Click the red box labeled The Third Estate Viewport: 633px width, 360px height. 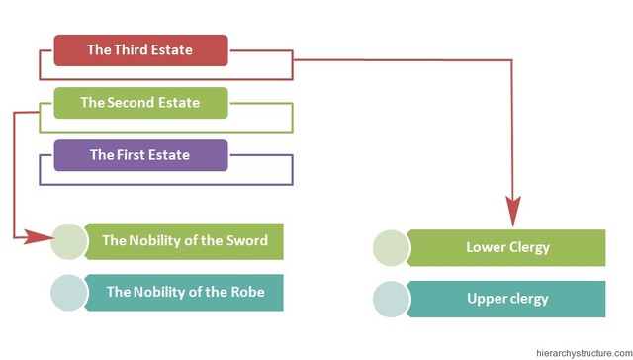click(x=140, y=50)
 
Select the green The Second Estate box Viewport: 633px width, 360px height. click(x=140, y=103)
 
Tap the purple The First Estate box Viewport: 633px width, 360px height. click(x=140, y=155)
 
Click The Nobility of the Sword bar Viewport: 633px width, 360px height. click(x=184, y=240)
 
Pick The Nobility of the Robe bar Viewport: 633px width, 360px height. click(x=184, y=293)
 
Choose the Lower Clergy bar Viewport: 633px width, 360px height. click(x=506, y=247)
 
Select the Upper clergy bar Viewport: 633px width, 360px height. click(x=506, y=299)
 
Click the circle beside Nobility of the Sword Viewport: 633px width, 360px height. click(x=69, y=240)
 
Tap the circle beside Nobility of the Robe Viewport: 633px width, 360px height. click(x=69, y=293)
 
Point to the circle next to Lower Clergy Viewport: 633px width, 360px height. click(x=392, y=247)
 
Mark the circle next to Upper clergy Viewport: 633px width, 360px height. click(x=392, y=299)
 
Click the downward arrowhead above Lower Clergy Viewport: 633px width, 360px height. click(x=513, y=211)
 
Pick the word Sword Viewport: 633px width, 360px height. click(x=247, y=240)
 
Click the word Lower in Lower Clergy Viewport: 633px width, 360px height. click(x=486, y=247)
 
